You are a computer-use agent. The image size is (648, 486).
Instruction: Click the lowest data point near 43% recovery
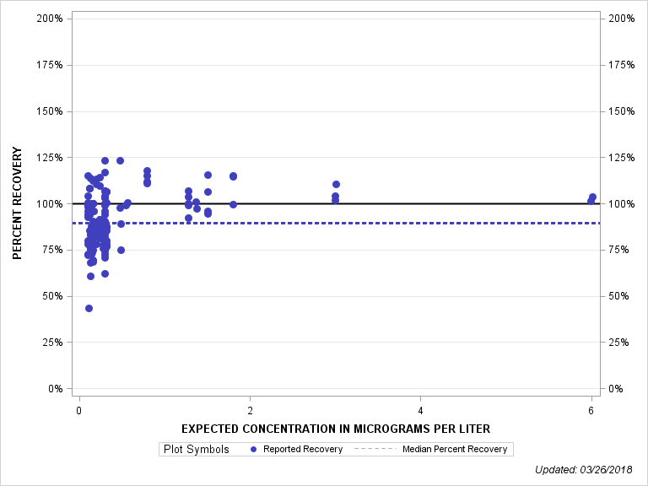pos(89,308)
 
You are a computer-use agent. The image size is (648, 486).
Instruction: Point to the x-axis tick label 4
pos(421,410)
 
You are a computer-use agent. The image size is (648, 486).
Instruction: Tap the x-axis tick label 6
pos(591,410)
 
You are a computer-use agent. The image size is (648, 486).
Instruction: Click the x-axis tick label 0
pos(79,410)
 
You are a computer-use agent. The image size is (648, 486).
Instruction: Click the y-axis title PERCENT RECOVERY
pos(17,203)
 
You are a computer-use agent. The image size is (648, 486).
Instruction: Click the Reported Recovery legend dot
pos(254,449)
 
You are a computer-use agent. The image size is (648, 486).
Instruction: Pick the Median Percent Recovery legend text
pos(455,449)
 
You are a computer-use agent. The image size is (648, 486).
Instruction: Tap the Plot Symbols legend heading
pos(196,449)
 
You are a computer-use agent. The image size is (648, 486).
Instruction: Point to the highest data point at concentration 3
pos(336,184)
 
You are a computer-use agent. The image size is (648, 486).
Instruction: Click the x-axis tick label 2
pos(250,410)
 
